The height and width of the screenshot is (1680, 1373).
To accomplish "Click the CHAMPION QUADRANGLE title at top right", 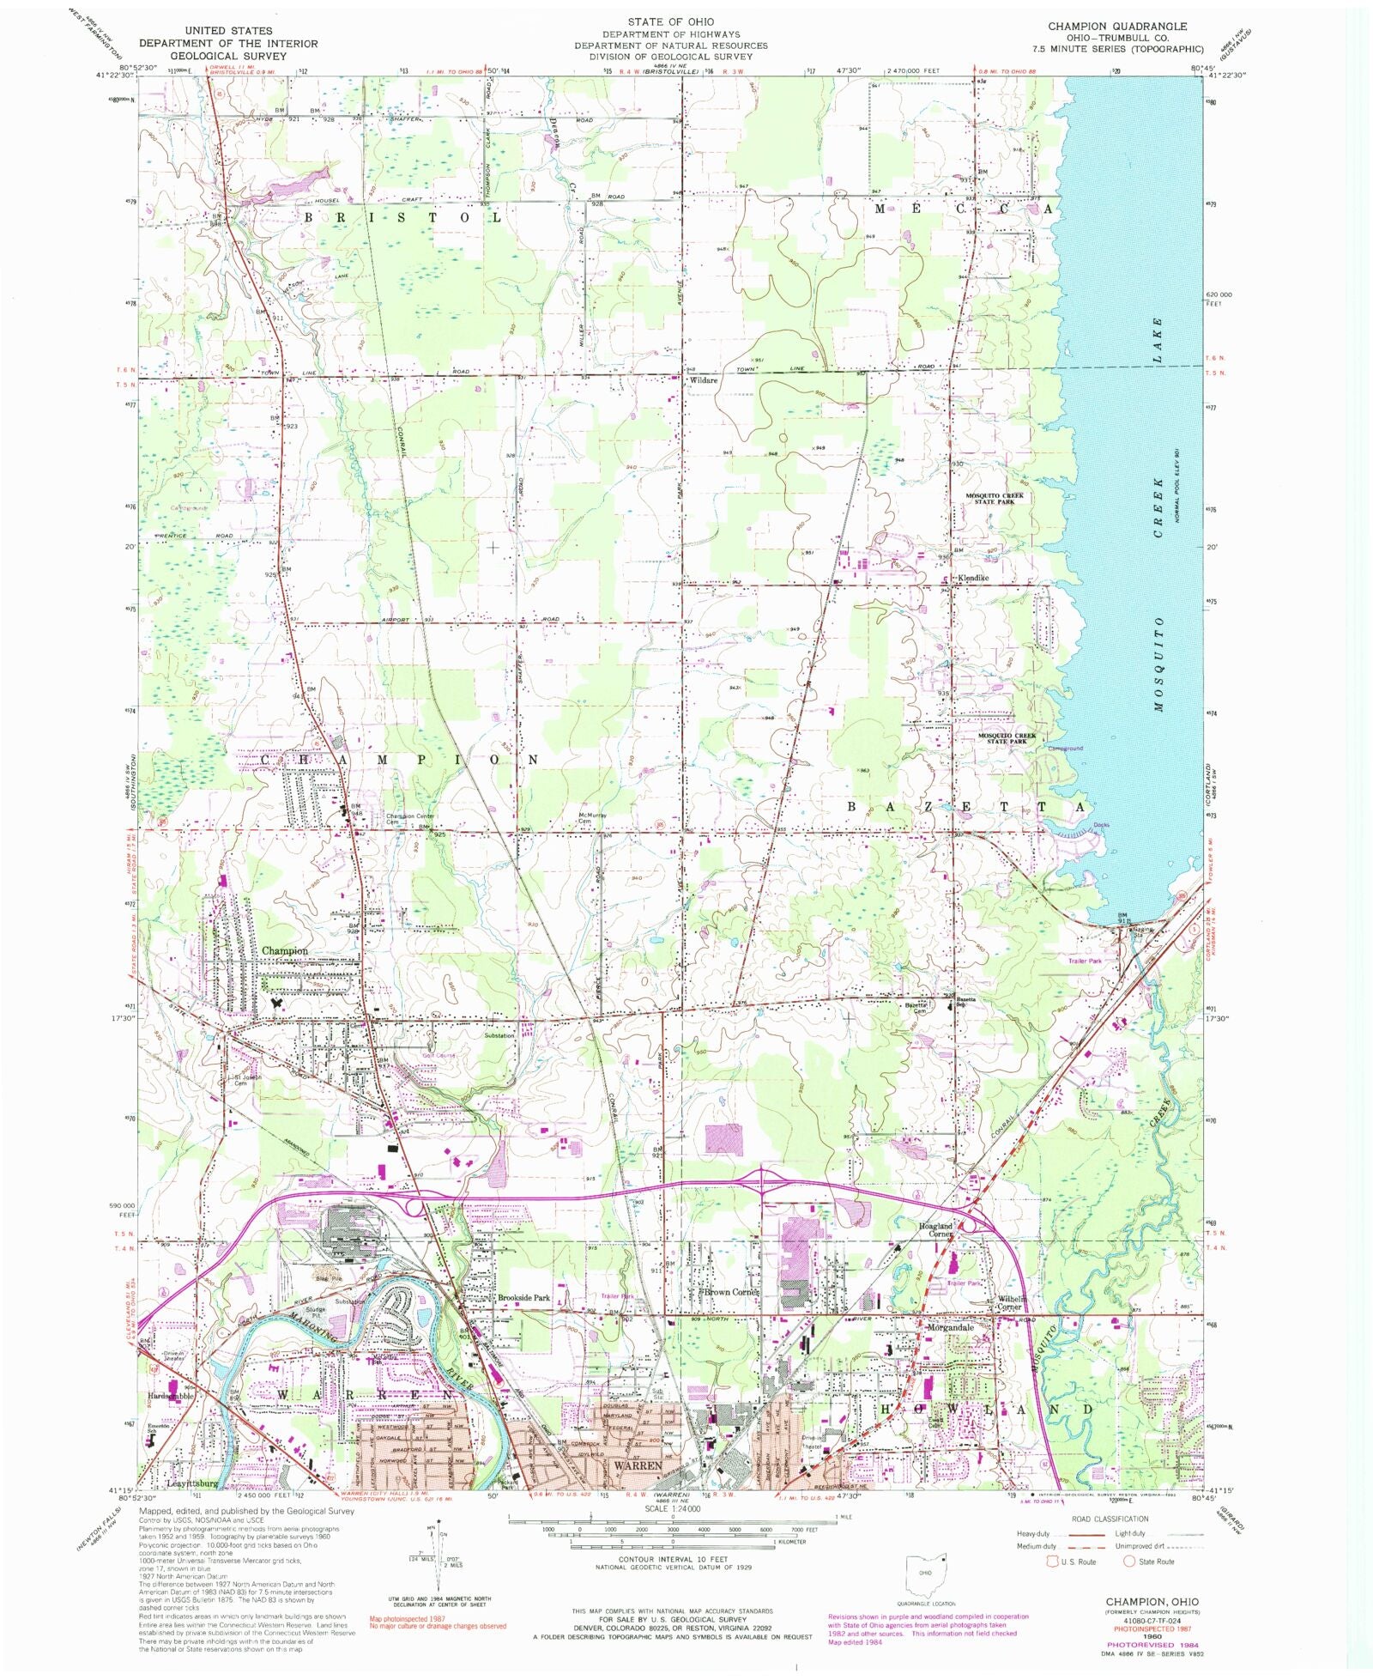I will coord(1117,27).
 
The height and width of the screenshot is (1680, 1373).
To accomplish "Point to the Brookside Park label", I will coord(523,1298).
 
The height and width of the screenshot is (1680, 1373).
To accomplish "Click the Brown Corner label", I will coord(731,1292).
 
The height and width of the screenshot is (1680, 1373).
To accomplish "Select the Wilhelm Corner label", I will coord(1016,1303).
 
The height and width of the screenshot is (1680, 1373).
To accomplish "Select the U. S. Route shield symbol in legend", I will coord(1050,1561).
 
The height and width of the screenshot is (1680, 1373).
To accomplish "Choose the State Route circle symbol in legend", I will coord(1128,1561).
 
